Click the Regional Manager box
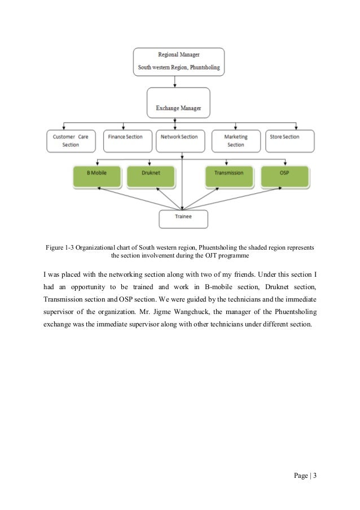[178, 62]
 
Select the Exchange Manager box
[178, 102]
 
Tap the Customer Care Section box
[71, 141]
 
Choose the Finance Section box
[125, 141]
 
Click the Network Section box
[179, 141]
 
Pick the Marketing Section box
[235, 141]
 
